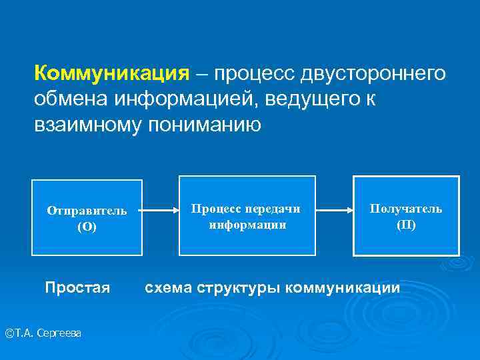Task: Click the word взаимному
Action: coord(86,125)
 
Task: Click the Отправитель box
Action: coord(87,217)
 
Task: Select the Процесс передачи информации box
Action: coord(247,215)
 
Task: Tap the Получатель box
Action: coord(406,215)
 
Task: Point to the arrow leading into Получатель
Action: coord(334,210)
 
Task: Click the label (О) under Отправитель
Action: coord(87,227)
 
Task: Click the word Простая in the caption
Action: coord(77,288)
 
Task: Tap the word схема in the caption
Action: coord(169,288)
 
